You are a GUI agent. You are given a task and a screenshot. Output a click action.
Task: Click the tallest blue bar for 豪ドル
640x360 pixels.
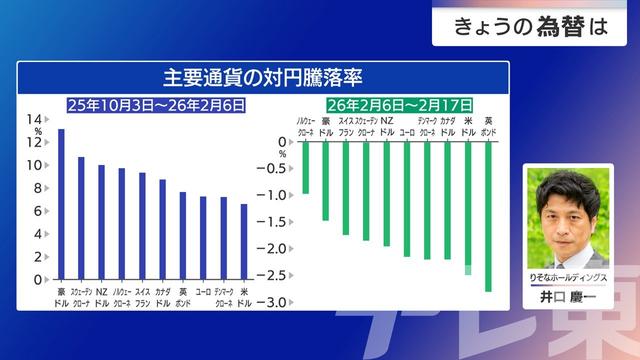61,205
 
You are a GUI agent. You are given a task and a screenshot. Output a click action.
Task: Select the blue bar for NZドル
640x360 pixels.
101,222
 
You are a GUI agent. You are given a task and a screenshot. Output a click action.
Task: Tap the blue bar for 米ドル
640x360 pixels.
244,241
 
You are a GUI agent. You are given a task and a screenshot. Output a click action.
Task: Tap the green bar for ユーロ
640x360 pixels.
407,199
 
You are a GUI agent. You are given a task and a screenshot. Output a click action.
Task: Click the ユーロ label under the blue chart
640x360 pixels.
203,292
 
